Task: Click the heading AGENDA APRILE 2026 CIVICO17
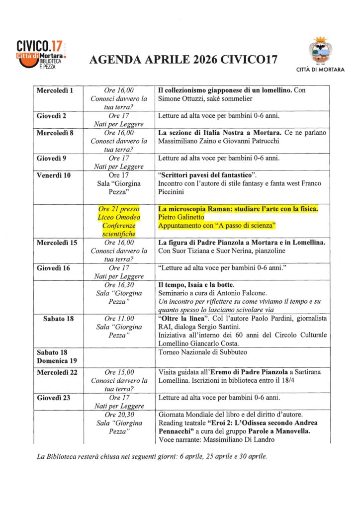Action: click(x=183, y=61)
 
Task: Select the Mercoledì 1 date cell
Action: click(x=55, y=90)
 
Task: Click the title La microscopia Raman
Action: click(x=238, y=209)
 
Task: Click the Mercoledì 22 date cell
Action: click(x=57, y=372)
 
